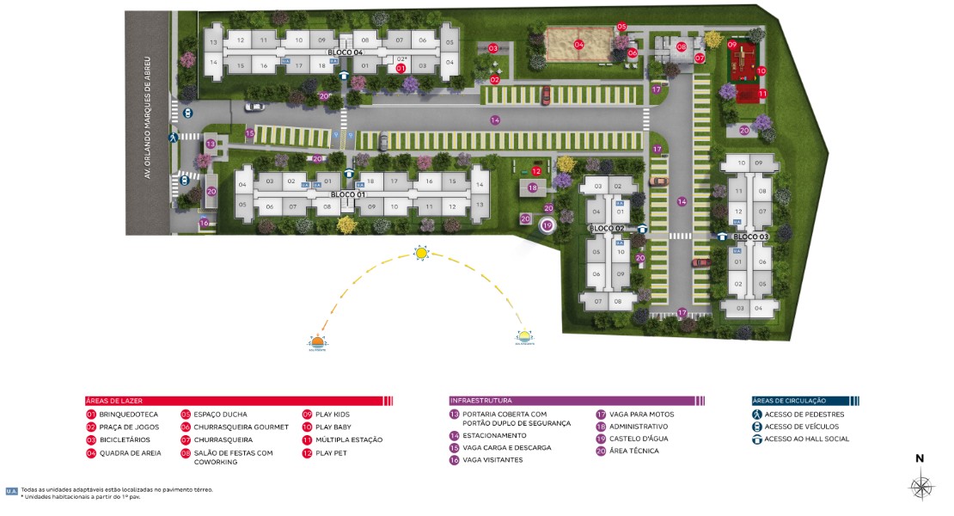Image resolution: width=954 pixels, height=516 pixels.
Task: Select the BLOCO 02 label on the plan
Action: [606, 228]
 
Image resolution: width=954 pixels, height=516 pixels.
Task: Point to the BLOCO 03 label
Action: [751, 236]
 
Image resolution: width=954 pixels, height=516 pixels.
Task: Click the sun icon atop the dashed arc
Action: [421, 253]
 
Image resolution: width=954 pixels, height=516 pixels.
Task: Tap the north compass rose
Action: [921, 487]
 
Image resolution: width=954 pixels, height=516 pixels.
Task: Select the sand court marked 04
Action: [578, 45]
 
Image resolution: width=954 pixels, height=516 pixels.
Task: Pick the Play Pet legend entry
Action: [331, 452]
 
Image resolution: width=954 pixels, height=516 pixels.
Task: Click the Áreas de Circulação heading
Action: [789, 401]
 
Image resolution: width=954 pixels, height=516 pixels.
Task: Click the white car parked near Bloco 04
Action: [254, 107]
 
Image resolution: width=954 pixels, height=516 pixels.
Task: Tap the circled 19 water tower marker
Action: [547, 225]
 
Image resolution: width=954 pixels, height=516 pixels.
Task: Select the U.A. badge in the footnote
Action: [11, 491]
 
